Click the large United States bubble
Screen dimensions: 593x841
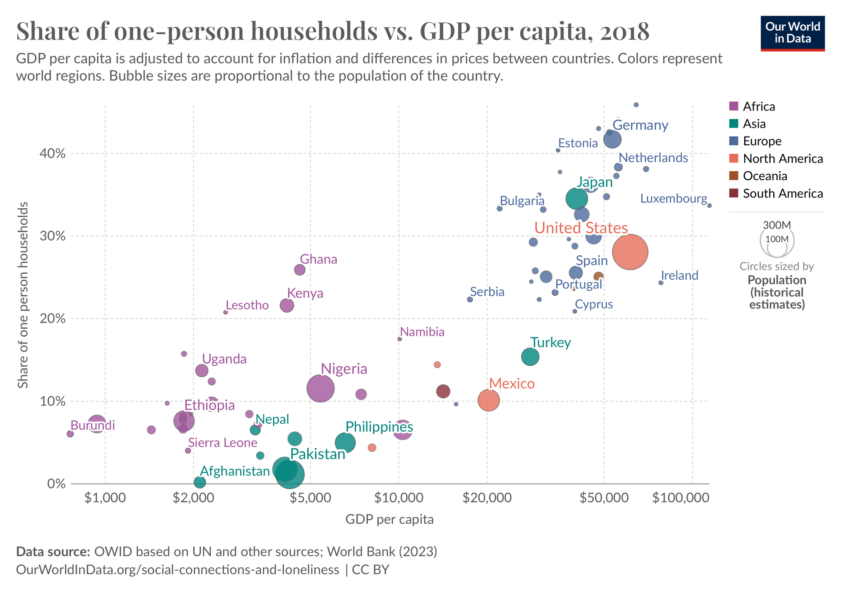point(630,252)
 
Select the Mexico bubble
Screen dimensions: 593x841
point(489,400)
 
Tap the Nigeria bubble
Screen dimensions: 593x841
point(320,388)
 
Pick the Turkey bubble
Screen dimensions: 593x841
point(530,357)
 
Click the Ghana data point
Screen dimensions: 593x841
point(299,270)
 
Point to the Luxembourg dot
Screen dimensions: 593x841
point(709,205)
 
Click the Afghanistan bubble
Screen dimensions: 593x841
point(200,483)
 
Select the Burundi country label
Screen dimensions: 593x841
point(93,425)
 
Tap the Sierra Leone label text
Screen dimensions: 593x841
point(222,443)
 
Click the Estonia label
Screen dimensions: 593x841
point(578,143)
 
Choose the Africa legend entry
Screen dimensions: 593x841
point(759,106)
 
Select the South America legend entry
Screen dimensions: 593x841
point(783,193)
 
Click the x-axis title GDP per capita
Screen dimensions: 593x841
point(389,520)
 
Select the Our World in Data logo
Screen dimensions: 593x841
point(793,33)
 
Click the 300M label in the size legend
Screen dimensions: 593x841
point(777,225)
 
